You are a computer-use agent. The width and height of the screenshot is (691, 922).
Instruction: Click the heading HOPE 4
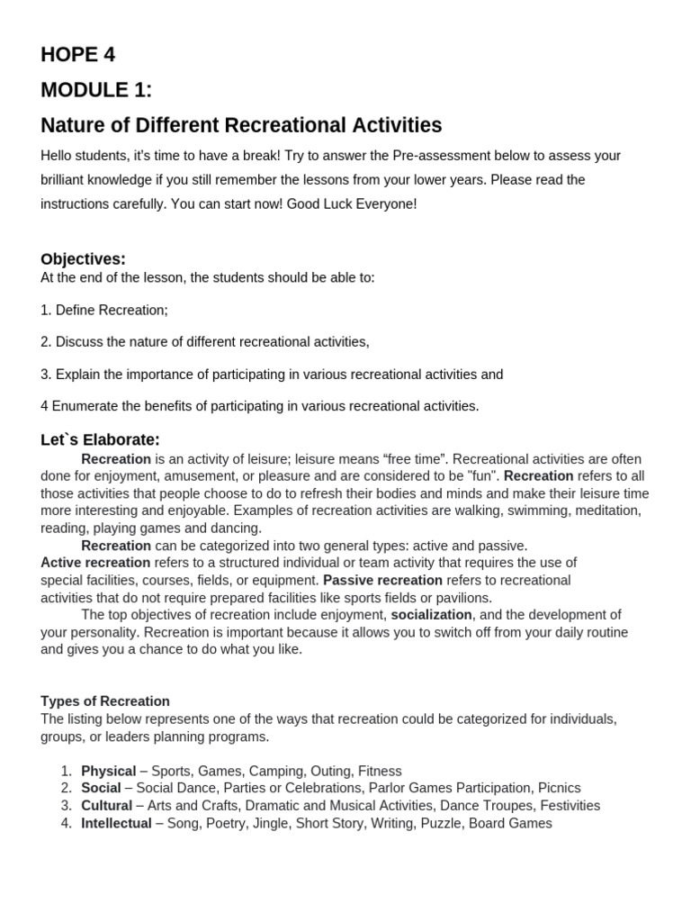pyautogui.click(x=77, y=55)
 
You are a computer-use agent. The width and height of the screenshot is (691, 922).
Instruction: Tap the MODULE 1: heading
pyautogui.click(x=96, y=90)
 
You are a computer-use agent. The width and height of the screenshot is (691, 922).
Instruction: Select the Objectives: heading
pyautogui.click(x=83, y=259)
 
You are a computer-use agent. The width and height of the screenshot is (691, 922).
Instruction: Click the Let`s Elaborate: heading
pyautogui.click(x=100, y=439)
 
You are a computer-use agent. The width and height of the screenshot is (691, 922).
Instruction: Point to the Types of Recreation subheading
pyautogui.click(x=105, y=701)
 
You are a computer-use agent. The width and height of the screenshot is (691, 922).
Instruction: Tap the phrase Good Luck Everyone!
pyautogui.click(x=352, y=203)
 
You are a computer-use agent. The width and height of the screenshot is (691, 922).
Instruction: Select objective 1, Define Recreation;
pyautogui.click(x=104, y=310)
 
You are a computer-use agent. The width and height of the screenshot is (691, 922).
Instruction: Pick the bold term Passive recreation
pyautogui.click(x=382, y=580)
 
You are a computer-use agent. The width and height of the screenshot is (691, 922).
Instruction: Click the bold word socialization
pyautogui.click(x=431, y=615)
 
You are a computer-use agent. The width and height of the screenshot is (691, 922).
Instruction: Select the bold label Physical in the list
pyautogui.click(x=109, y=771)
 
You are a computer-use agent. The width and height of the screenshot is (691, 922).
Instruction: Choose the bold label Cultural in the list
pyautogui.click(x=106, y=806)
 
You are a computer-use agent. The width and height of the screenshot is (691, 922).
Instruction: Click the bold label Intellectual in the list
pyautogui.click(x=116, y=823)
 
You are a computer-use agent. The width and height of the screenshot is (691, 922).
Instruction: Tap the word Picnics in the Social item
pyautogui.click(x=559, y=788)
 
